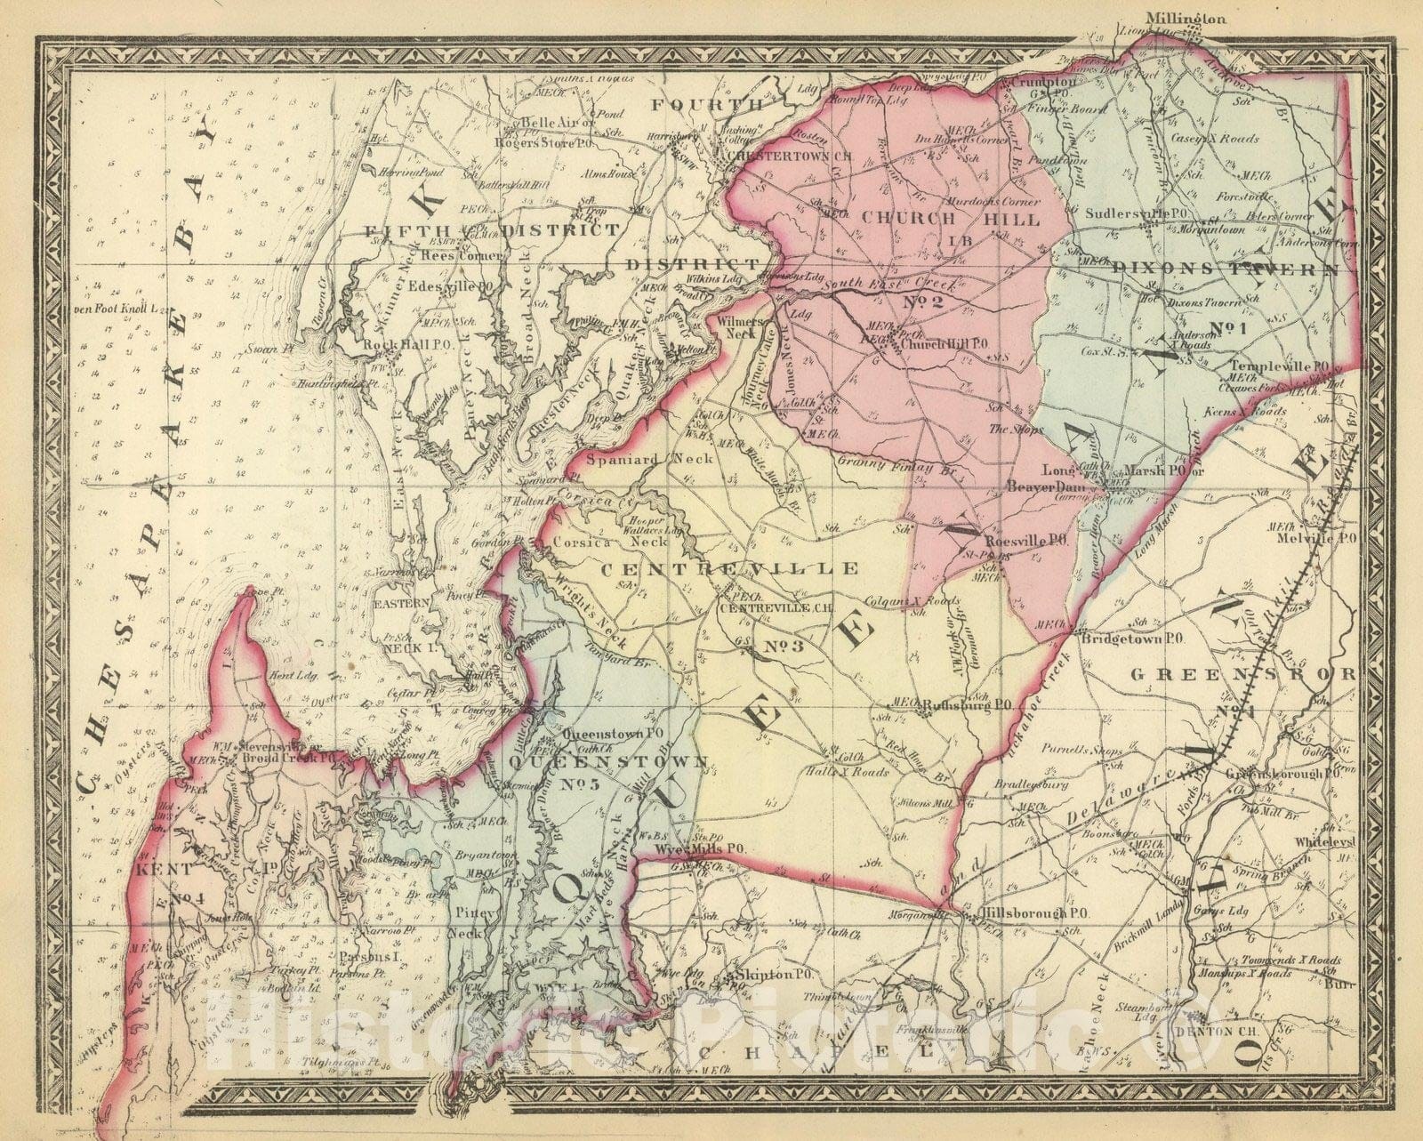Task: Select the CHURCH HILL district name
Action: click(952, 218)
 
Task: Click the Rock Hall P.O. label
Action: click(398, 343)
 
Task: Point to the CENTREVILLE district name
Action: click(730, 566)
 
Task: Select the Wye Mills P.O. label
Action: click(699, 849)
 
